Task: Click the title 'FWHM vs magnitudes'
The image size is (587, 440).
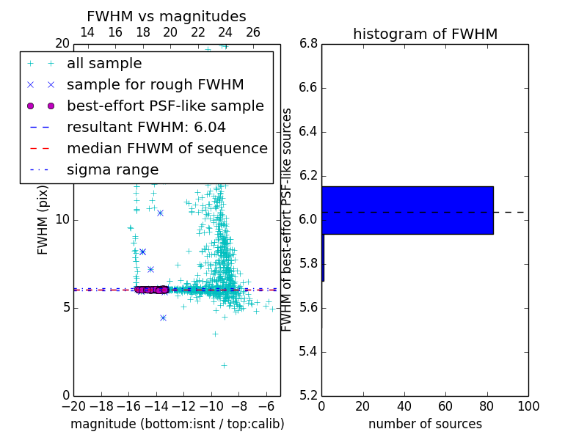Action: point(166,16)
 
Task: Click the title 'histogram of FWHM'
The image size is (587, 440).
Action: point(425,34)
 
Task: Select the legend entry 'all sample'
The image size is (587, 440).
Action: point(104,64)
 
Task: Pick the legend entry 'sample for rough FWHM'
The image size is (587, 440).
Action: point(155,84)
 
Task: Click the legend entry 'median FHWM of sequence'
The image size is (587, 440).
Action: point(167,148)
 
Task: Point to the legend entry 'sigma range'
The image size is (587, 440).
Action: point(112,169)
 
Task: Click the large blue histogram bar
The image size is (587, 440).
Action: point(407,210)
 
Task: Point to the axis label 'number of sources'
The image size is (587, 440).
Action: point(425,424)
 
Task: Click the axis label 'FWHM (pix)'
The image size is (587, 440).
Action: point(43,219)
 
